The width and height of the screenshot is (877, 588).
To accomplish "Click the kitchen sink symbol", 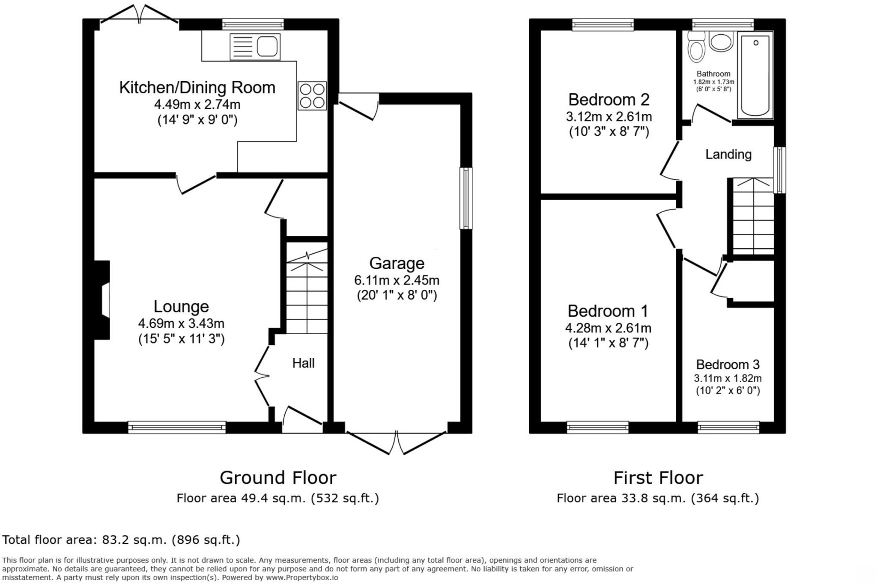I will point(255,47).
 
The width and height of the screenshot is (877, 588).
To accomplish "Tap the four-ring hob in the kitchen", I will point(312,96).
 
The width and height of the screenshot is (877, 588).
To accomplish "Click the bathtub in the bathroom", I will point(755,75).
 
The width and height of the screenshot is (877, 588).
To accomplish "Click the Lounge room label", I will point(181,306).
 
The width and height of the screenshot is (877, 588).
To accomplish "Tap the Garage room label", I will point(397,263).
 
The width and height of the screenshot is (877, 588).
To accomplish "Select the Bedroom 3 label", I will point(728,365).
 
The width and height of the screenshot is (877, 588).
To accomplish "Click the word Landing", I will point(728,154).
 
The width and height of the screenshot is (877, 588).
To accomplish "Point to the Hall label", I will point(303,363).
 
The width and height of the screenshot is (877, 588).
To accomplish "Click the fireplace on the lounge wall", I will point(103,300).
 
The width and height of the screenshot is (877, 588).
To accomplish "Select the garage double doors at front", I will point(397,443).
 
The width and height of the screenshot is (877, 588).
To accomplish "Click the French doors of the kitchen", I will point(139,15).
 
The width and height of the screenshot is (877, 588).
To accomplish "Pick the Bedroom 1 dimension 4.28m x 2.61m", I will point(608,328).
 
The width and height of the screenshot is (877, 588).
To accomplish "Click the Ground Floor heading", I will point(278,478).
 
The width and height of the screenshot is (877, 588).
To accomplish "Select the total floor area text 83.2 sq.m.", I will point(121,540).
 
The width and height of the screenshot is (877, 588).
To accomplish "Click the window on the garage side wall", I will point(466,198).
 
